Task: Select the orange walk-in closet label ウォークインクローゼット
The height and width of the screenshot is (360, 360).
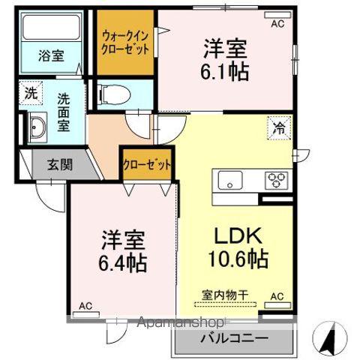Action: tap(124, 42)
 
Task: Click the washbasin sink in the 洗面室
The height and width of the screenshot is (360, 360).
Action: tap(37, 128)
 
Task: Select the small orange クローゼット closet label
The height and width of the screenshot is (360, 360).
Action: tap(147, 164)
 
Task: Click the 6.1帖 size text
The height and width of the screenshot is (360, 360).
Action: tap(225, 73)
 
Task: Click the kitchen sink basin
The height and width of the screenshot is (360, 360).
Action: tap(228, 180)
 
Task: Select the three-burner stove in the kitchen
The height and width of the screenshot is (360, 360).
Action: tap(276, 180)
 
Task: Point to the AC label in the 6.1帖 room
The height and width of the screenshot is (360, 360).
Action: tap(277, 24)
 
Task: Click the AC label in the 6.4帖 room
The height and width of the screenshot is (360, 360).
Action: tap(86, 304)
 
